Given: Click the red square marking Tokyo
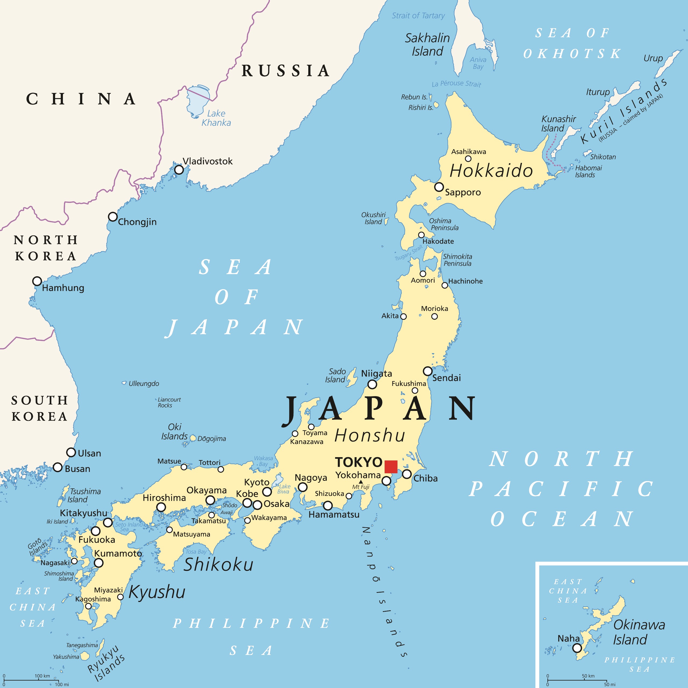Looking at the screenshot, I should (x=391, y=467).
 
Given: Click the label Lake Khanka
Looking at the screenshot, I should (x=216, y=118).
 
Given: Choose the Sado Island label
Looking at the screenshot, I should (x=335, y=375).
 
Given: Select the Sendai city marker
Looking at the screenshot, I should (x=428, y=371).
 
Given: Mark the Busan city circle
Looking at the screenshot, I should (x=58, y=467).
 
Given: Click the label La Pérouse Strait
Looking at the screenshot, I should (x=456, y=84).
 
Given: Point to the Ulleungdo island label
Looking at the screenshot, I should (x=144, y=384).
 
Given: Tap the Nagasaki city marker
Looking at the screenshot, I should (x=74, y=561).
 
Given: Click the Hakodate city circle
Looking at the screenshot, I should (x=421, y=235).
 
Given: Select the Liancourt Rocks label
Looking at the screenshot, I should (x=169, y=402).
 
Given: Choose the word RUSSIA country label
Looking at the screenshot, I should (x=285, y=70).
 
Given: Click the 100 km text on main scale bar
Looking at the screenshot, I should (x=42, y=676).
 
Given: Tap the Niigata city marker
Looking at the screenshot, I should (x=372, y=384).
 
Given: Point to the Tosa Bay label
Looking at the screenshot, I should (x=196, y=552).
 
